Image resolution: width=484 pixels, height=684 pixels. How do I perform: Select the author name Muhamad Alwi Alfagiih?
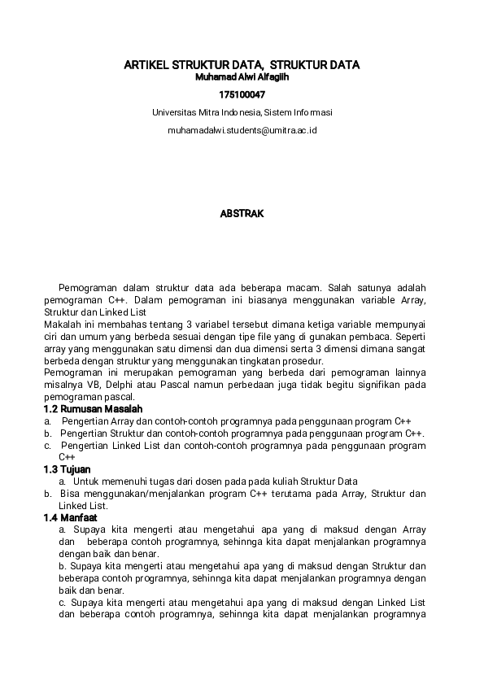click(x=242, y=78)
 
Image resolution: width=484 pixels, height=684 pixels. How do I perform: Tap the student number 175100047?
click(x=242, y=95)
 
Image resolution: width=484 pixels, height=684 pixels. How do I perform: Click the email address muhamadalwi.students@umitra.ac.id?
click(x=242, y=130)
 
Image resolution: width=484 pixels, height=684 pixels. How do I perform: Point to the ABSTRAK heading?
click(x=242, y=214)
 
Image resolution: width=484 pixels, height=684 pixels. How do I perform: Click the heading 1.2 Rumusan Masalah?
click(x=93, y=408)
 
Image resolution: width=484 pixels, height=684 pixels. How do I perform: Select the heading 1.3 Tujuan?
click(x=67, y=469)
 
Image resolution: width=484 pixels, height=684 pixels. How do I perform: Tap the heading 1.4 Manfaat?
click(x=70, y=517)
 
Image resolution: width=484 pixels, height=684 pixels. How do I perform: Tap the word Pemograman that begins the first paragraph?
click(x=85, y=288)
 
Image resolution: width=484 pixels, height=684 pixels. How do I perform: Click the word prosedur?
click(x=304, y=361)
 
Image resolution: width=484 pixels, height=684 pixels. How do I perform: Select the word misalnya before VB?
click(x=62, y=385)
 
